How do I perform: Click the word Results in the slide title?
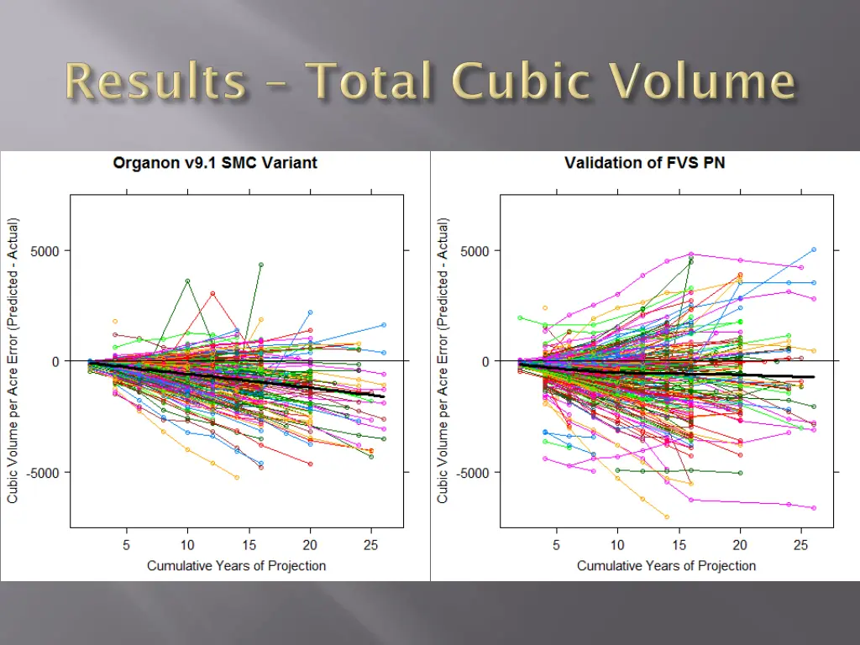point(156,83)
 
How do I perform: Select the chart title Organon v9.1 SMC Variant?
point(215,163)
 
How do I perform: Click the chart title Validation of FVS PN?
point(644,163)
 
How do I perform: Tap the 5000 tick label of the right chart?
point(475,250)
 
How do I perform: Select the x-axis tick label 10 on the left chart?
point(187,544)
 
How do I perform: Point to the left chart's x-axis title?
point(236,565)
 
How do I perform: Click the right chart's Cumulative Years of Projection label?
point(666,565)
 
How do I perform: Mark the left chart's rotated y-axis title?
point(13,361)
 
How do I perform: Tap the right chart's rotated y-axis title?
point(443,361)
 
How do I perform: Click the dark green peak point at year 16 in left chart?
point(261,265)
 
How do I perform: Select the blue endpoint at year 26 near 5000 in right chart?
point(814,249)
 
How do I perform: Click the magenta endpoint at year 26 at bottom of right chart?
point(814,507)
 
